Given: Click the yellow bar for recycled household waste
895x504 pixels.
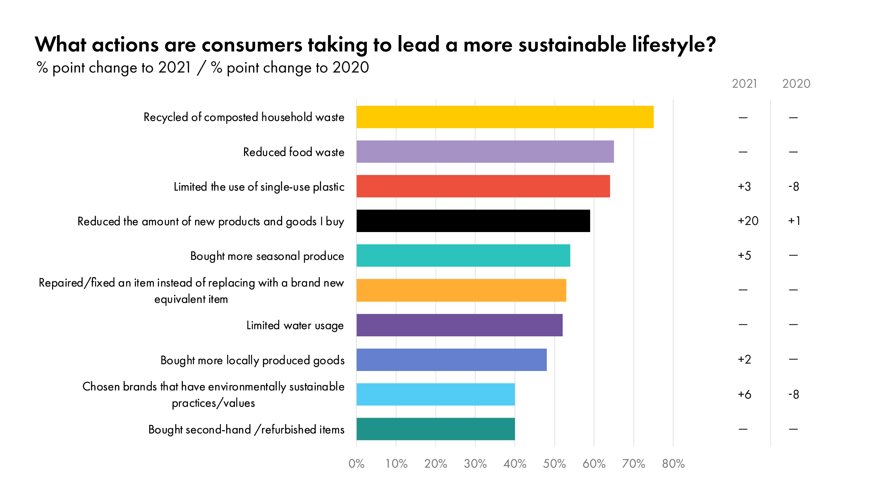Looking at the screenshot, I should [x=505, y=117].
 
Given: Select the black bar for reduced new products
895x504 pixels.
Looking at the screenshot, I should [x=473, y=221].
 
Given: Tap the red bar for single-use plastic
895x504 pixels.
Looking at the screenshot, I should [x=483, y=186].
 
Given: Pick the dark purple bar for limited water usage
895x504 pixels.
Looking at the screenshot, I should [x=459, y=325].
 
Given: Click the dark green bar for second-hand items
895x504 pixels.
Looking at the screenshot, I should [x=436, y=429].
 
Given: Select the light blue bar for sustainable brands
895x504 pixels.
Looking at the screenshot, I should [x=436, y=394].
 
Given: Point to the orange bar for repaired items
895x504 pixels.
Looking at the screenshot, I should [x=461, y=290].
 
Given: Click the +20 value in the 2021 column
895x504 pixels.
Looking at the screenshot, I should [x=748, y=221].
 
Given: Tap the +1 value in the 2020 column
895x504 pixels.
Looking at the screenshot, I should [x=794, y=221].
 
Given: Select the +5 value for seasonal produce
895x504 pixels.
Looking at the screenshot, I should [x=744, y=255].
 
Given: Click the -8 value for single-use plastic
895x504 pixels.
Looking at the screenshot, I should [x=794, y=186].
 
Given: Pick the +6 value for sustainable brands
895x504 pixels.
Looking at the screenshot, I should [x=744, y=394].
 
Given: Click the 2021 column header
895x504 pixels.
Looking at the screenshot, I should [x=744, y=84].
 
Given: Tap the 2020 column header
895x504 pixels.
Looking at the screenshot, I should [x=796, y=84].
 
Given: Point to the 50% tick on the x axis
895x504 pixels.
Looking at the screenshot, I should [x=554, y=464].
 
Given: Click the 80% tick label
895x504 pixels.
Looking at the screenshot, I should [x=673, y=464].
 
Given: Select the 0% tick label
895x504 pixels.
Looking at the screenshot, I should [x=356, y=464].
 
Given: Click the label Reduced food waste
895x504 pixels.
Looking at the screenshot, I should [x=294, y=152].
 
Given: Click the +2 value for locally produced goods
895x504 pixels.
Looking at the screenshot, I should [x=744, y=359].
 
